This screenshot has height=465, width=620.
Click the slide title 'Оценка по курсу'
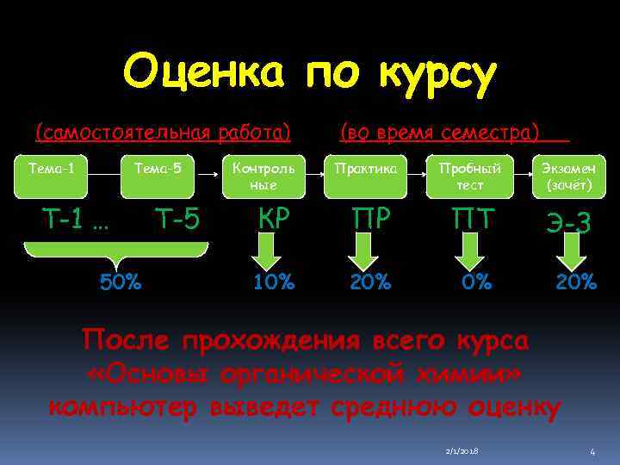310,75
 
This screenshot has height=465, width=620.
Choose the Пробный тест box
469,175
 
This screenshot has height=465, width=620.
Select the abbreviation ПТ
468,221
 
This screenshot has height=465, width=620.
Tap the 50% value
121,282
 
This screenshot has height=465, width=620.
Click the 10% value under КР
273,281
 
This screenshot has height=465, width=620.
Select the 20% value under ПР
370,281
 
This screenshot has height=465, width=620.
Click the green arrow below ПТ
468,251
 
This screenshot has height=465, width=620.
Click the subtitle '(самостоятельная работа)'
162,133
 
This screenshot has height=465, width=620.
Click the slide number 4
592,451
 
